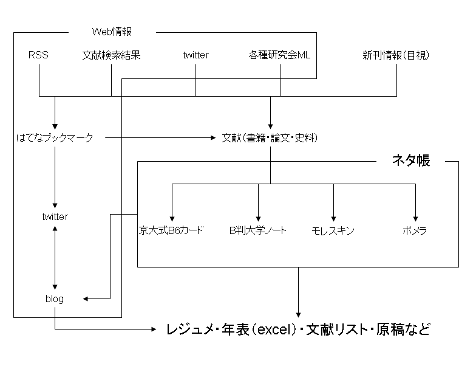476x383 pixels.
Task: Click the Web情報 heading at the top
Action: coord(112,32)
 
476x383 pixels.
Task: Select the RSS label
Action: coord(38,55)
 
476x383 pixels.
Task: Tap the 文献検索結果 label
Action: coord(111,55)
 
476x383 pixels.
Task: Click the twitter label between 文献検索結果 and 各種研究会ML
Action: coord(195,55)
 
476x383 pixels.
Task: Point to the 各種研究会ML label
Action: coord(279,55)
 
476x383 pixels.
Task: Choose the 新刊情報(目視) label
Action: coord(396,55)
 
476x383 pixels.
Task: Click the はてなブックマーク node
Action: coord(55,138)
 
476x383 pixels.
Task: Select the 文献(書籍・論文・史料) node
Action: coord(270,138)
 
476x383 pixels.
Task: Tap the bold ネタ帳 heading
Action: coord(411,161)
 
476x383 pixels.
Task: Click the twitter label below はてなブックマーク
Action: coord(55,216)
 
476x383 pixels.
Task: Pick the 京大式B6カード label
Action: coord(172,230)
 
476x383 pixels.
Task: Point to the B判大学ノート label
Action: coord(257,230)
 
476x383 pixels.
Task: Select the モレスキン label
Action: coord(333,230)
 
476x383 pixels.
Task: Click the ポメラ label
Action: coord(415,230)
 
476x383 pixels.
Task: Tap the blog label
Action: coord(55,298)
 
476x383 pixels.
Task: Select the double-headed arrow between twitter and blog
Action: coord(55,257)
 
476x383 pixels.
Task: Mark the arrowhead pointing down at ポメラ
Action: coord(415,218)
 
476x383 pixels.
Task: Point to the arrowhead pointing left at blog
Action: coord(87,298)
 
